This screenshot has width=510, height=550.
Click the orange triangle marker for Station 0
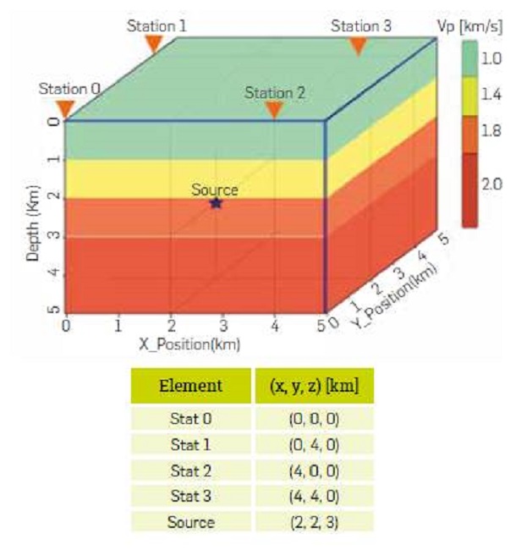point(65,108)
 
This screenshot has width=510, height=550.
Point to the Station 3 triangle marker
point(359,46)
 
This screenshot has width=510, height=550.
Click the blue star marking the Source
point(216,203)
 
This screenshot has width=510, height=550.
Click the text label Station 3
point(361,26)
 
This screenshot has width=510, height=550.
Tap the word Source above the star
point(214,190)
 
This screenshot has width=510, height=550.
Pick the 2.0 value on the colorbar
point(491,184)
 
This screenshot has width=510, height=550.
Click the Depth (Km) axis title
point(34,218)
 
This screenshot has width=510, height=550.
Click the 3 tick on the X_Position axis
point(223,325)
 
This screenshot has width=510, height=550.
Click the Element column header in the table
point(190,386)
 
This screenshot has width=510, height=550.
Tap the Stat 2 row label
point(190,470)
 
